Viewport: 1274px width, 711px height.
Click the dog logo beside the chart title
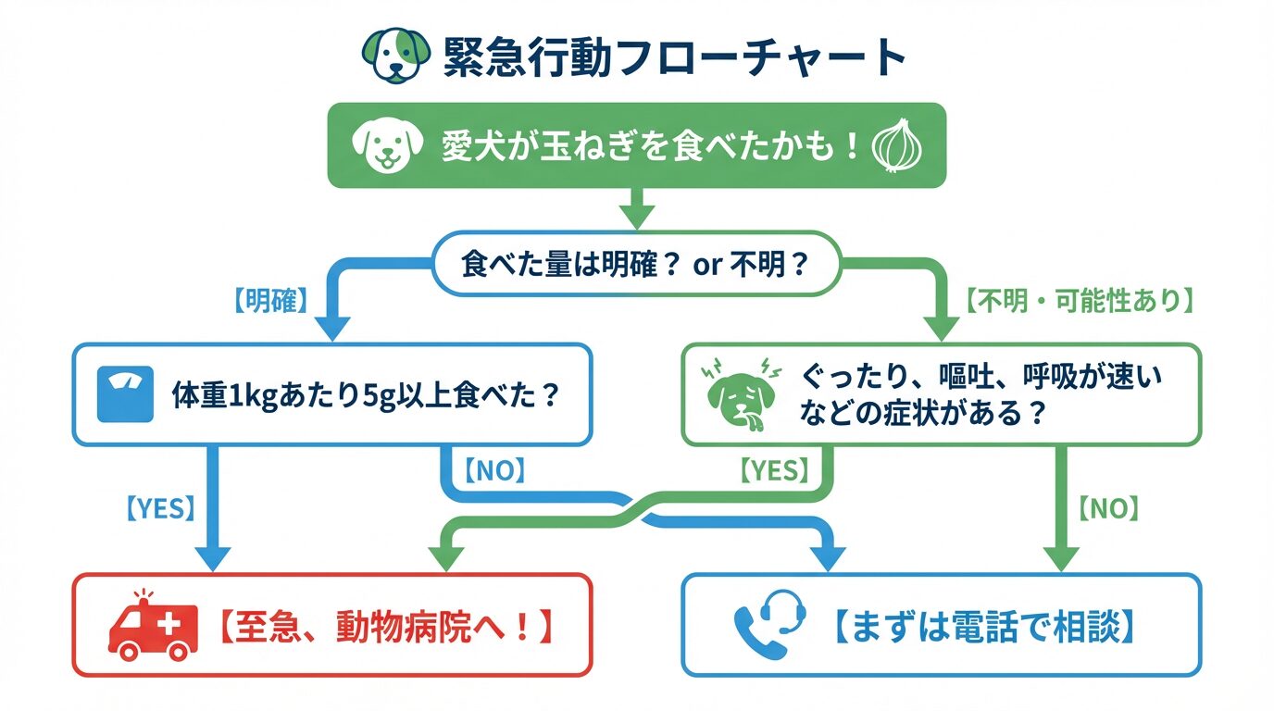click(395, 57)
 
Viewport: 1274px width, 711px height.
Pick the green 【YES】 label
click(775, 471)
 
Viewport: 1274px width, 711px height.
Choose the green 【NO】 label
click(1108, 507)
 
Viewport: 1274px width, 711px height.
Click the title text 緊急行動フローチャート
click(673, 57)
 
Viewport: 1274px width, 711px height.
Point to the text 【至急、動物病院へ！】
click(385, 627)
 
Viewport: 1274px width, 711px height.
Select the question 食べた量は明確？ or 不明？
click(635, 265)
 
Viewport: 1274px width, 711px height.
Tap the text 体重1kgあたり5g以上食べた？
click(367, 396)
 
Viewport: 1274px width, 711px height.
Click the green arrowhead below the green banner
click(636, 217)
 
